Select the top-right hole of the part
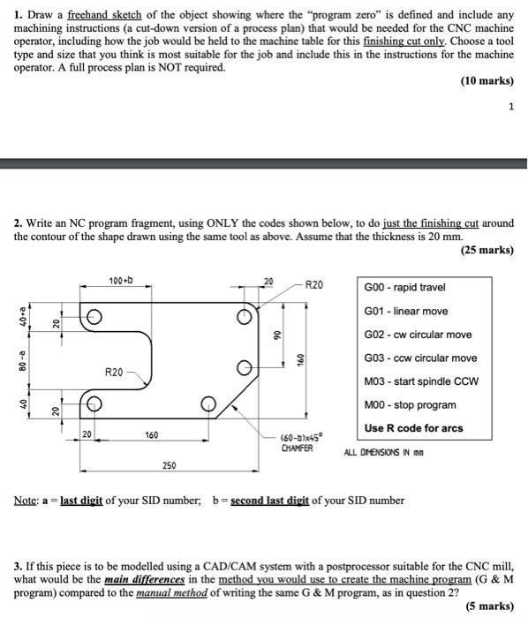[x=244, y=319]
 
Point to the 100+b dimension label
[x=121, y=281]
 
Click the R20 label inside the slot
[x=113, y=372]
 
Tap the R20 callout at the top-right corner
[x=313, y=285]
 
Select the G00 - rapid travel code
[x=404, y=288]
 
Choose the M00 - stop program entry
[x=410, y=405]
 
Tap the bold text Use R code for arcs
[x=413, y=428]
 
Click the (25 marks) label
[x=487, y=250]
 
